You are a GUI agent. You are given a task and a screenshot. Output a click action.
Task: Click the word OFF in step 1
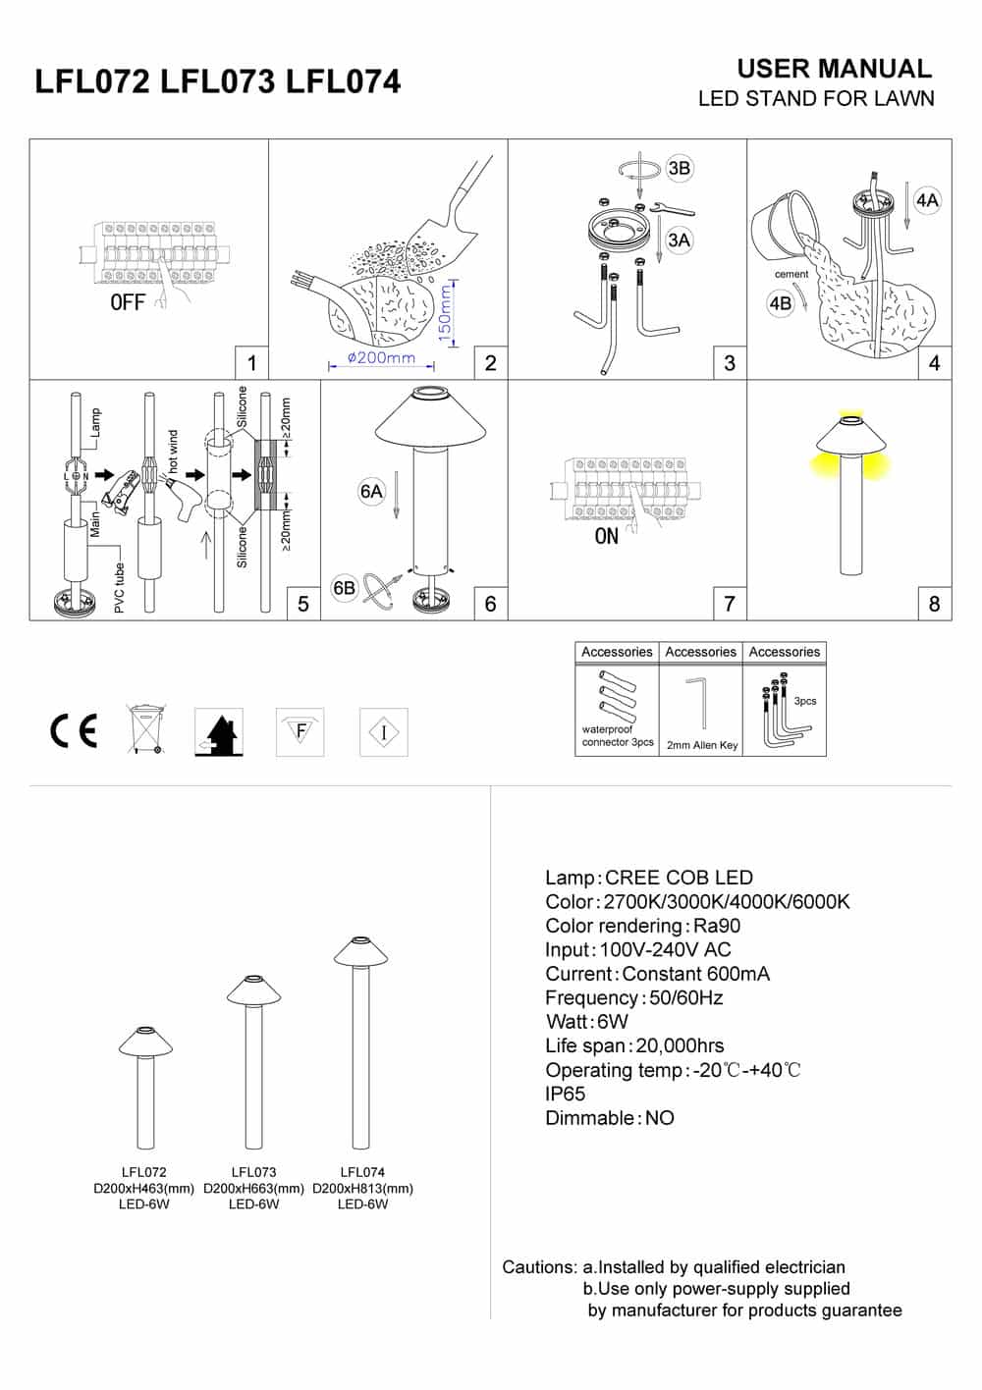coord(128,302)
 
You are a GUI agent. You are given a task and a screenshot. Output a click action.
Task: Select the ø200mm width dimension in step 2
coord(381,359)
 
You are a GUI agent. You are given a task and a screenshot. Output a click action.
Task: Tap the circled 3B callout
coord(679,168)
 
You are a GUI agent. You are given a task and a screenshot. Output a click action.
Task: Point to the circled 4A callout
coord(926,201)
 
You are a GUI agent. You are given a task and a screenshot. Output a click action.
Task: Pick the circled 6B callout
coord(345,588)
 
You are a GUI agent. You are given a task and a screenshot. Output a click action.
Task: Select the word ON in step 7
coord(607,536)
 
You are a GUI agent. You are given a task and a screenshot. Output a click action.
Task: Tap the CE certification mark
coord(74,731)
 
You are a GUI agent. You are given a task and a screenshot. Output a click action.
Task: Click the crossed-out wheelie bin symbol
coord(145,728)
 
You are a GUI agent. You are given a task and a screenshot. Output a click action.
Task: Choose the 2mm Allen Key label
coord(702,745)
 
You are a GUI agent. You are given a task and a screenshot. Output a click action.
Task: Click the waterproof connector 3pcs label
coord(618,736)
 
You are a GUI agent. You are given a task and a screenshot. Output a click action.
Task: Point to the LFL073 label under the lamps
coord(253,1171)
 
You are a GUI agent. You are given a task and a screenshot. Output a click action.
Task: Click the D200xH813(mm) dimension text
coord(362,1188)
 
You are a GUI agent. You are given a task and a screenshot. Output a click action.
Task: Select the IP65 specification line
coord(566,1094)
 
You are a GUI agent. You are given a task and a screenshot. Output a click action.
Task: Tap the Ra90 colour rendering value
coord(717,926)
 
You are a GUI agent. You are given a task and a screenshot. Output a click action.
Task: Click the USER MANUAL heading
coord(834,69)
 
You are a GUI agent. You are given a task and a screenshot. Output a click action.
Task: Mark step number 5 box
coord(302,604)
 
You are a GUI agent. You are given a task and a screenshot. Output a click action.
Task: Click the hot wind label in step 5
coord(174,453)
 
